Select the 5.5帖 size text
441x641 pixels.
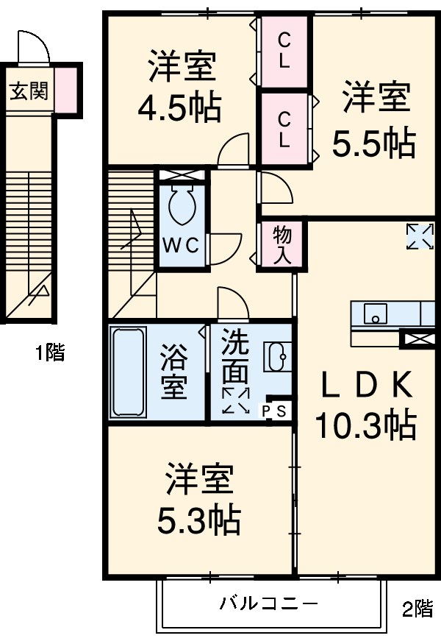pyautogui.click(x=374, y=144)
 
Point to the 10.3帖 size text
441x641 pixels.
pyautogui.click(x=365, y=425)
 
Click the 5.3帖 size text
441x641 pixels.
pyautogui.click(x=198, y=520)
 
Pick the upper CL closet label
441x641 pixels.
pyautogui.click(x=284, y=52)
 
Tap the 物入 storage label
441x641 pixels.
pyautogui.click(x=282, y=245)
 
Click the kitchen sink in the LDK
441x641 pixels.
pyautogui.click(x=375, y=314)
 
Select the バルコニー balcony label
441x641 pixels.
pyautogui.click(x=270, y=604)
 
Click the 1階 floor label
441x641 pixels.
pyautogui.click(x=50, y=353)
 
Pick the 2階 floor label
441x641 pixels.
pyautogui.click(x=417, y=609)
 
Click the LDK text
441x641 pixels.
pyautogui.click(x=365, y=384)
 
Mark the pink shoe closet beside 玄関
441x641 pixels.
pyautogui.click(x=65, y=90)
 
